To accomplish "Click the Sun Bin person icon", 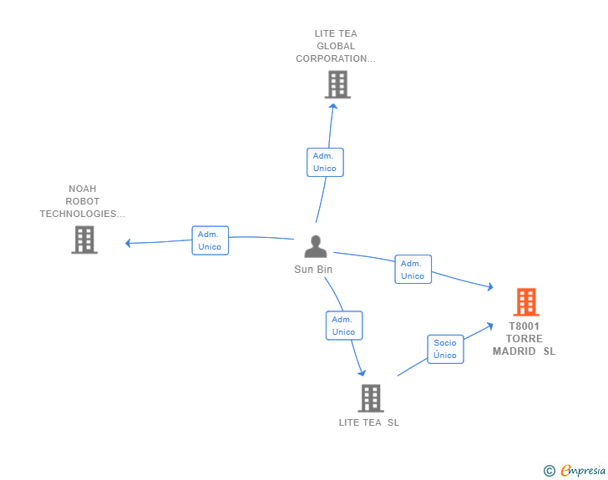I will pos(315,247).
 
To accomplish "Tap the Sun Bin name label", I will pos(313,270).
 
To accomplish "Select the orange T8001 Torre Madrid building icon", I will pos(525,302).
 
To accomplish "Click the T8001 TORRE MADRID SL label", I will pos(524,339).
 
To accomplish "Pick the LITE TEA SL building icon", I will pos(370,398).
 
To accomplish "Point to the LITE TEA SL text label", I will pos(369,422).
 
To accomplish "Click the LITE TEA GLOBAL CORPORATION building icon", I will pos(337,84).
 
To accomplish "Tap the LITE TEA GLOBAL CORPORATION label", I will pos(336,47).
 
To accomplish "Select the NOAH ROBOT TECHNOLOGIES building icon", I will pos(84,240).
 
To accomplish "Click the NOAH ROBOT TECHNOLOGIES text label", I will pos(82,201).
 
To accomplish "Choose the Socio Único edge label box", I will pos(445,349).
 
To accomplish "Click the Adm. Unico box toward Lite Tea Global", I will pos(325,162).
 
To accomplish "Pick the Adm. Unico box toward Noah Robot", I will pos(210,240).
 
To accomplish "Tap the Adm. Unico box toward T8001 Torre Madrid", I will pos(413,270).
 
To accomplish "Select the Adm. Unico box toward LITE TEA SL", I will pos(343,326).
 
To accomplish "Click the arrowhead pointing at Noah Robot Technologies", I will pos(129,243).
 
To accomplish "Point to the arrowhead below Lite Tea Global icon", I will pos(333,105).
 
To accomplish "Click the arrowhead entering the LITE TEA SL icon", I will pos(362,372).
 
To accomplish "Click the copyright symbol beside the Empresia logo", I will pos(549,471).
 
